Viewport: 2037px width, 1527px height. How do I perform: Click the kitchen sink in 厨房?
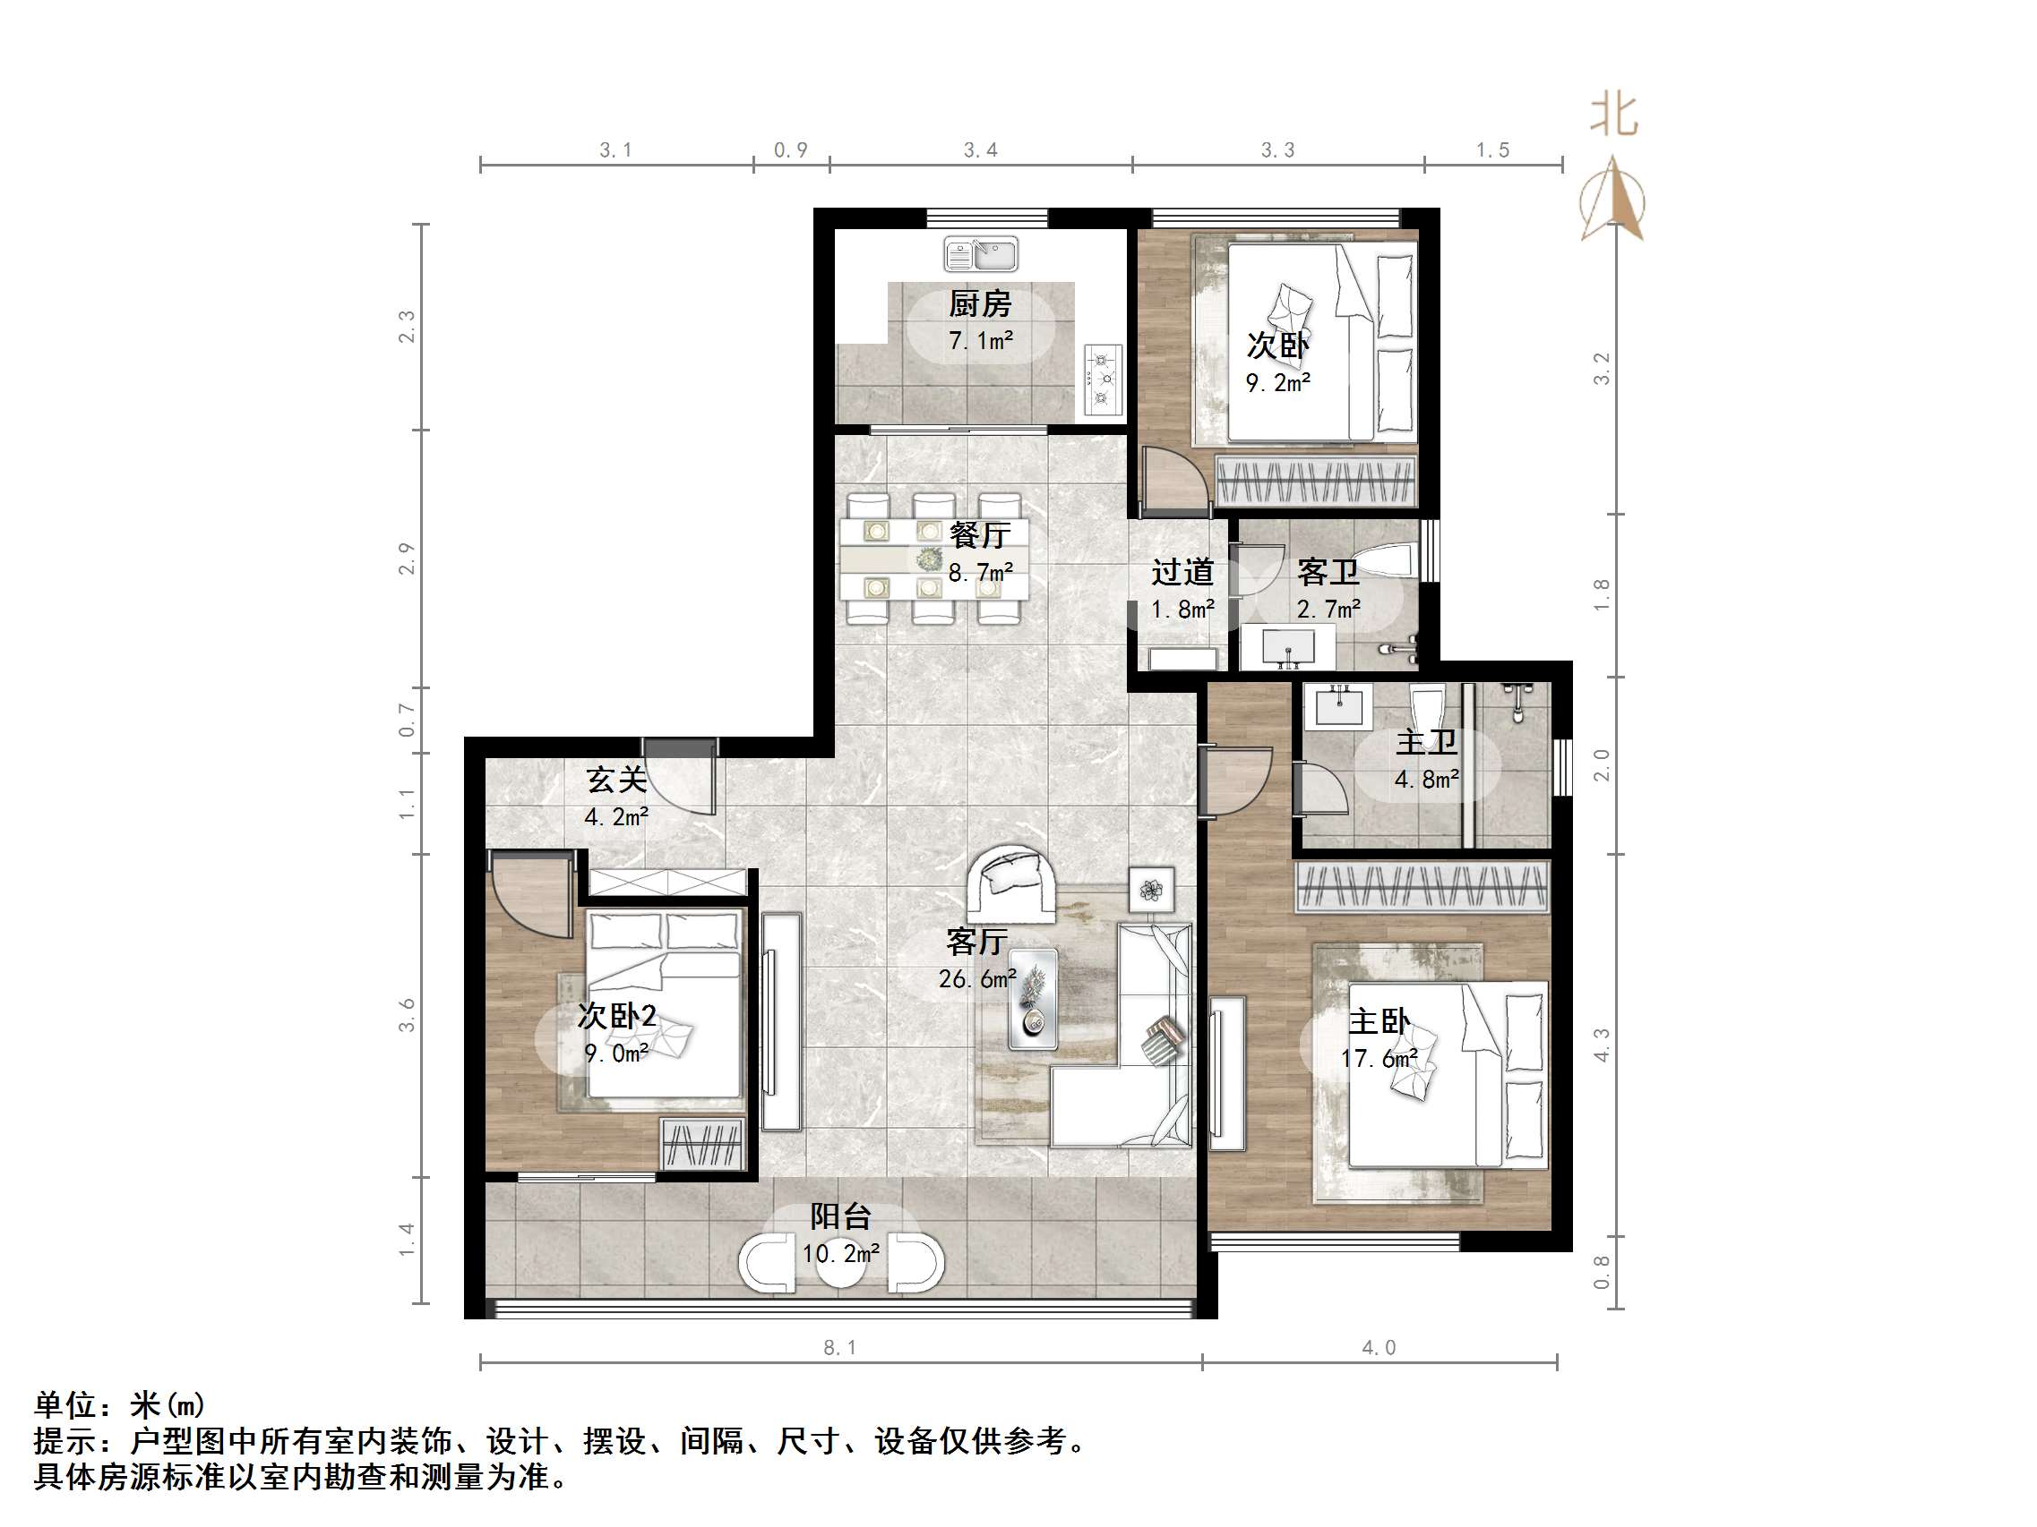click(980, 254)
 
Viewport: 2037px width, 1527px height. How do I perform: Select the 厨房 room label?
click(980, 303)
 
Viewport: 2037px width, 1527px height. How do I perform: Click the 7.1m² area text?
click(981, 340)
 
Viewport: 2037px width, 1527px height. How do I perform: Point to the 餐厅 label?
click(980, 534)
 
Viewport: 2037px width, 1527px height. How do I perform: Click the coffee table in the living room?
click(1033, 998)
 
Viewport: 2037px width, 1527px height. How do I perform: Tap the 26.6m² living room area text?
click(978, 979)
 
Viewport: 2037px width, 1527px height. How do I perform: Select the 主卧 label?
click(1379, 1021)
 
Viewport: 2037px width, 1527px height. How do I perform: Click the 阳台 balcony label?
click(840, 1216)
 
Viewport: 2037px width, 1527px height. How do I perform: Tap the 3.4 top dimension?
click(980, 150)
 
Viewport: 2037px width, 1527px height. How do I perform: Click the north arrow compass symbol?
click(1612, 199)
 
